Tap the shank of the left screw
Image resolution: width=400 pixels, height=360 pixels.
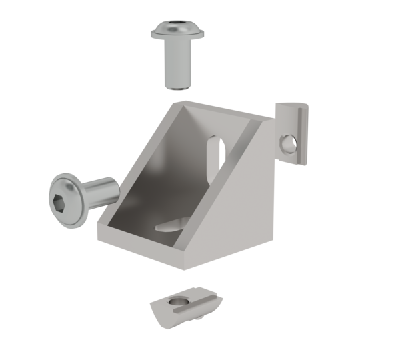pos(100,191)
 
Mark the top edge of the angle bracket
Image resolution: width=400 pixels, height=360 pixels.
pos(220,110)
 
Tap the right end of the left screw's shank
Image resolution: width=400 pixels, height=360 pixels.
pos(116,189)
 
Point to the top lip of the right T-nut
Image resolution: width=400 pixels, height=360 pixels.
pos(294,105)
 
